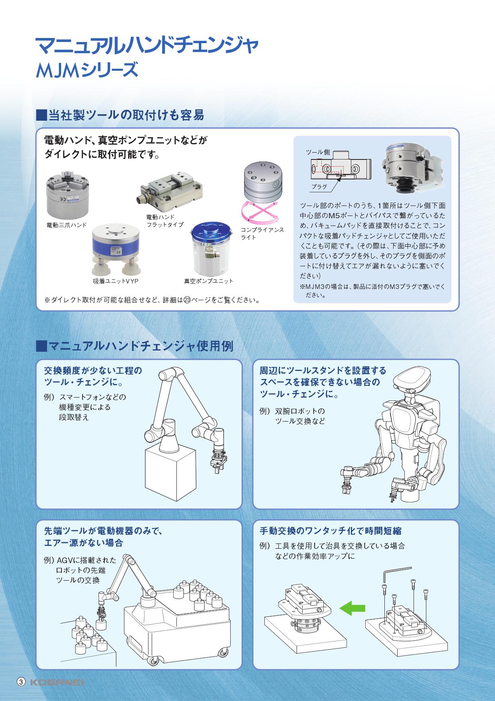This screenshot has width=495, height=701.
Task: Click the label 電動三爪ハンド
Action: pos(67,225)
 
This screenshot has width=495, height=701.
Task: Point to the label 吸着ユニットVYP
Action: pos(115,281)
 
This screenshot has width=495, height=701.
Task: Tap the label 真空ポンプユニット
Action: pos(208,281)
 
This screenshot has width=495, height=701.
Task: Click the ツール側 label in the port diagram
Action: pos(318,152)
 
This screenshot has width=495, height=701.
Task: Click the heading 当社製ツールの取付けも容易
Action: pos(120,115)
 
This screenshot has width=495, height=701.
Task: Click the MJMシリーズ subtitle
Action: pos(87,71)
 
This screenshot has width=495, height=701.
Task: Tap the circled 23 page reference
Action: pos(187,300)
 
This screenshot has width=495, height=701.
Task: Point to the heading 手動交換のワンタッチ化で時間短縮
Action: pos(331,531)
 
